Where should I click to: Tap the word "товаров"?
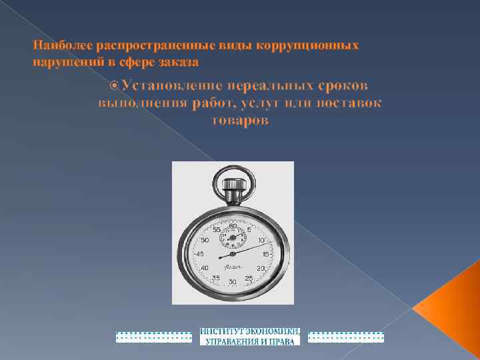240,121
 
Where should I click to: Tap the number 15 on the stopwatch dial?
265,254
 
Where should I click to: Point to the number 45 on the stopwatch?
199,254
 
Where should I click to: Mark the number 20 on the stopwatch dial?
261,267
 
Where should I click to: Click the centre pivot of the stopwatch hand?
232,254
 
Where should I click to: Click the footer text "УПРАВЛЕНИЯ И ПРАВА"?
250,341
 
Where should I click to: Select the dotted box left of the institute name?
154,337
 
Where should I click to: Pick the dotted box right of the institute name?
347,337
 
